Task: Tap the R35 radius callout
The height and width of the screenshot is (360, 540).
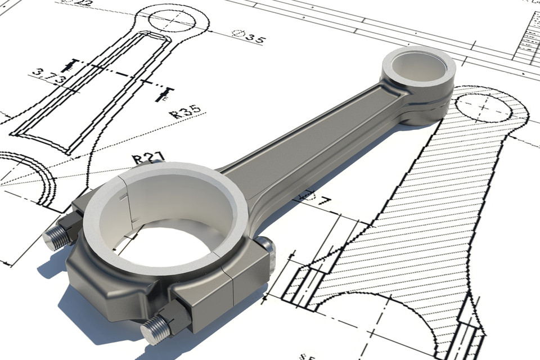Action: click(x=185, y=112)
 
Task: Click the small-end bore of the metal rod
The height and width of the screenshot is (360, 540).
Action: click(x=419, y=66)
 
